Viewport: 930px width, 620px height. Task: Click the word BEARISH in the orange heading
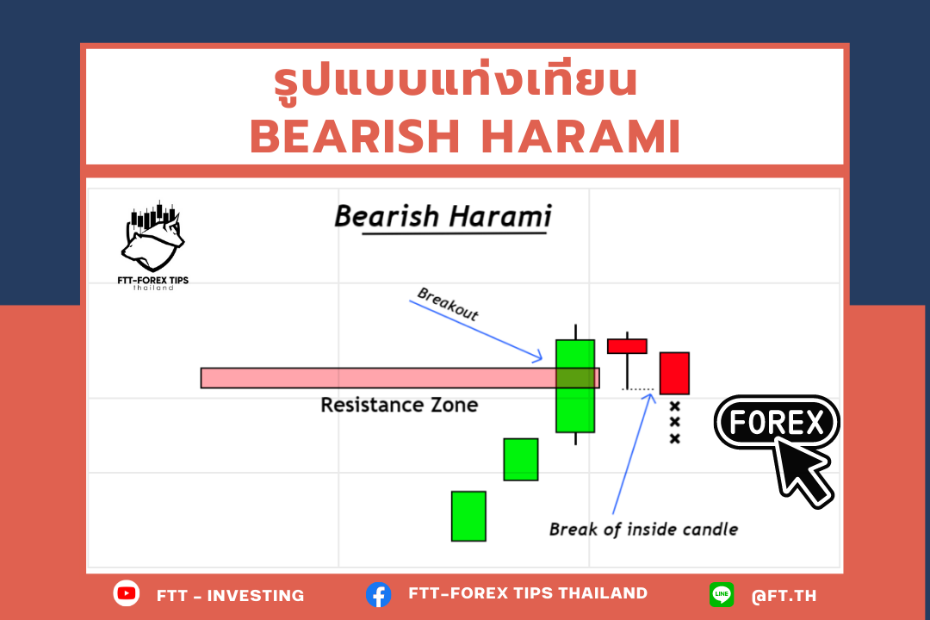click(355, 136)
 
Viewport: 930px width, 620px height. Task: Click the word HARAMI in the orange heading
click(580, 136)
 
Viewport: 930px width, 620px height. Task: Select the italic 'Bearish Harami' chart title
click(443, 216)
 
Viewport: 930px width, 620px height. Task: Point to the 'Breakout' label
click(448, 304)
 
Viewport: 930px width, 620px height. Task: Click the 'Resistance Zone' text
click(400, 406)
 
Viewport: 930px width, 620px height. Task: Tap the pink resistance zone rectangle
click(400, 378)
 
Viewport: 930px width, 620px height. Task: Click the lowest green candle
click(468, 516)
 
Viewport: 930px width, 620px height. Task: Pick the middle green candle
click(521, 459)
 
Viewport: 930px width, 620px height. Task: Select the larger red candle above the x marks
click(674, 373)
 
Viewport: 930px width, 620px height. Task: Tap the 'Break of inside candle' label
click(643, 530)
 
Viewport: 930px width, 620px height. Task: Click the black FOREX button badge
click(777, 423)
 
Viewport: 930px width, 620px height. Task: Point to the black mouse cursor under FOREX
click(802, 471)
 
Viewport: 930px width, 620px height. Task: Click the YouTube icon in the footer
click(127, 593)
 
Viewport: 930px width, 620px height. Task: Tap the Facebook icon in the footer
click(378, 594)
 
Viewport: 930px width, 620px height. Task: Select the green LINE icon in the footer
click(722, 594)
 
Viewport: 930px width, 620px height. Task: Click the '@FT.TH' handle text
click(784, 596)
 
